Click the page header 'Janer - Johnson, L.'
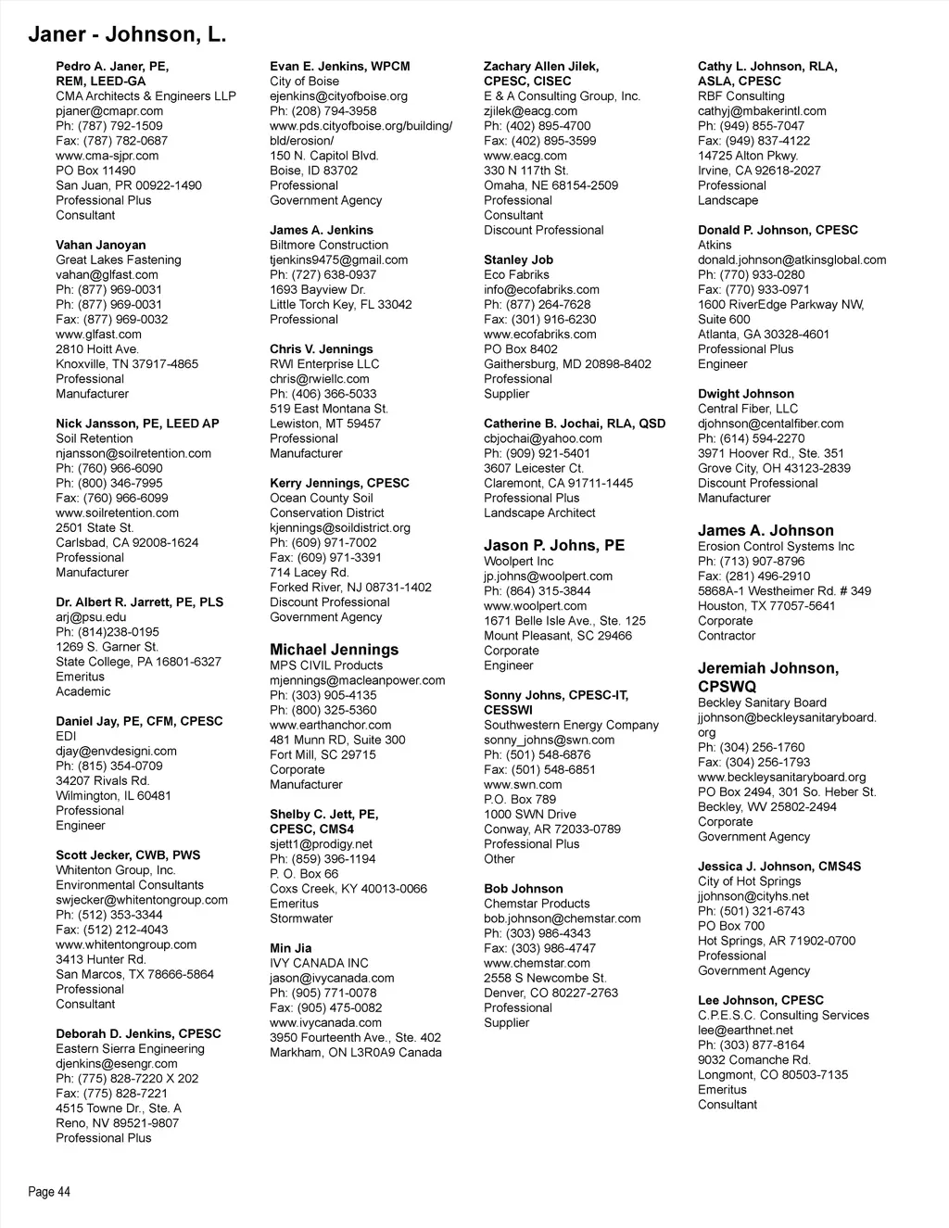[127, 35]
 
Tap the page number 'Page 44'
[49, 1192]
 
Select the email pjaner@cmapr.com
[109, 111]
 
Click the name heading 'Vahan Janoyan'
[101, 245]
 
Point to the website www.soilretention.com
[117, 513]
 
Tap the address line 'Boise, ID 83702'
[313, 171]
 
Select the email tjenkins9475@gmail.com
[338, 260]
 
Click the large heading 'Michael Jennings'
[334, 650]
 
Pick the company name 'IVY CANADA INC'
[319, 963]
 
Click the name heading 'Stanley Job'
[518, 260]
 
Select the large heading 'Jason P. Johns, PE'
[554, 545]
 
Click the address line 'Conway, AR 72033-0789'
[552, 829]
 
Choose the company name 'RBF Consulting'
[740, 96]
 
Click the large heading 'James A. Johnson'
[766, 530]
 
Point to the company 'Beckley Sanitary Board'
[762, 703]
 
